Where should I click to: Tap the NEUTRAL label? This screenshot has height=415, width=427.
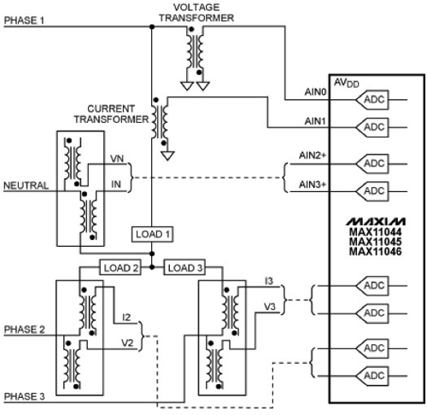coord(26,185)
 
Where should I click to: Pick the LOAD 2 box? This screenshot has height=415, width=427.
coord(120,266)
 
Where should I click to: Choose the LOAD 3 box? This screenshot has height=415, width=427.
coord(185,266)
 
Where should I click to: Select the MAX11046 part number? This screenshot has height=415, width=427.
coord(376,251)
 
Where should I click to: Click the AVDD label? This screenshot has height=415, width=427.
coord(344,83)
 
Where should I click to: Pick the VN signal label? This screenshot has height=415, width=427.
coord(117,160)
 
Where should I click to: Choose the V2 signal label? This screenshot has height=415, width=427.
coord(126,345)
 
